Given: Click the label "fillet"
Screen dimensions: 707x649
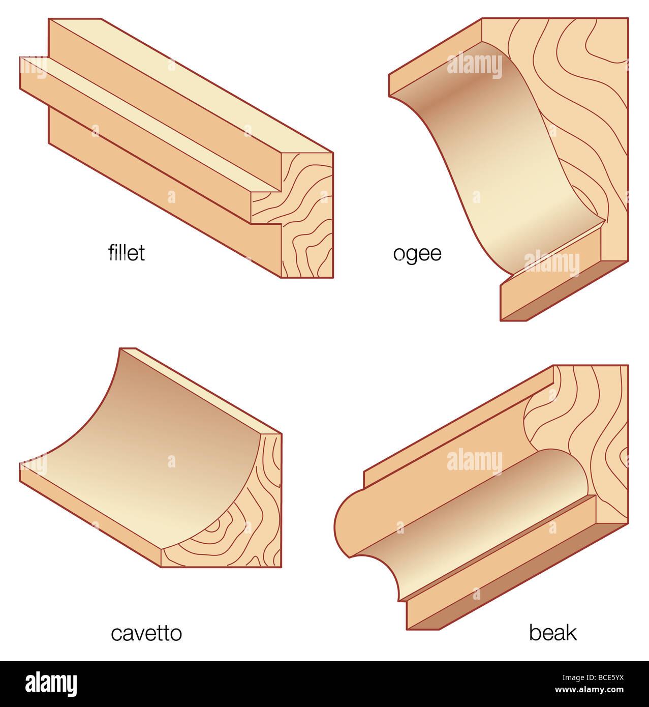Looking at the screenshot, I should click(x=127, y=253).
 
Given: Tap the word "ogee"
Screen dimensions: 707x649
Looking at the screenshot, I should click(x=417, y=253).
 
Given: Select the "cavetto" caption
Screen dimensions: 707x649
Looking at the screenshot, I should click(x=146, y=633).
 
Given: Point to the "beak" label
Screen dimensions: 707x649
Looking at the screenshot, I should click(x=552, y=633).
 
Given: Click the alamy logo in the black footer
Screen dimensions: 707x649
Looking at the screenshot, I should click(x=51, y=684).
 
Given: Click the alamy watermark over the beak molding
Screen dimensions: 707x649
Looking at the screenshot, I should click(x=474, y=461).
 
